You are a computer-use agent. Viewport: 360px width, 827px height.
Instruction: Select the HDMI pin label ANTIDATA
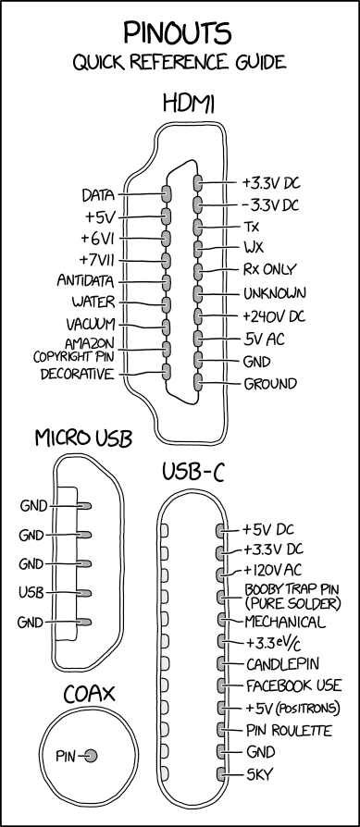pyautogui.click(x=84, y=280)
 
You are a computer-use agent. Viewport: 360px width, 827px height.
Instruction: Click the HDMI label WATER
pyautogui.click(x=93, y=302)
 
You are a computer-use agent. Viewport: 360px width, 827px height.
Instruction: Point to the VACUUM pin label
pyautogui.click(x=90, y=325)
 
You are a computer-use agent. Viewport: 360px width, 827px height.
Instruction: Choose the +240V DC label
pyautogui.click(x=273, y=316)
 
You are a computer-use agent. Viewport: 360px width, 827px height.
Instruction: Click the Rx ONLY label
pyautogui.click(x=269, y=271)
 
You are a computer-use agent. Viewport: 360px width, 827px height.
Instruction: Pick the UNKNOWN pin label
pyautogui.click(x=275, y=294)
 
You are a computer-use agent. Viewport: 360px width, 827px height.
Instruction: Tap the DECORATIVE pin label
pyautogui.click(x=78, y=374)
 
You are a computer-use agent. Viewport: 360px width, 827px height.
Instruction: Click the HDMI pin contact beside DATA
pyautogui.click(x=167, y=194)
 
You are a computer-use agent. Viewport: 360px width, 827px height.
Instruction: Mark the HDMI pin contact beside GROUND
pyautogui.click(x=198, y=383)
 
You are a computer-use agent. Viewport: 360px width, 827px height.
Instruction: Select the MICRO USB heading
pyautogui.click(x=81, y=438)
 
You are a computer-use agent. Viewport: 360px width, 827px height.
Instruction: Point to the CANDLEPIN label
pyautogui.click(x=279, y=663)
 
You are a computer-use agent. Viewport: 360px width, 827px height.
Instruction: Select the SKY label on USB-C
pyautogui.click(x=258, y=774)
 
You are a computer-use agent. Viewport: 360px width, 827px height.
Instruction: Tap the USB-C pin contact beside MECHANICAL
pyautogui.click(x=222, y=619)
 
